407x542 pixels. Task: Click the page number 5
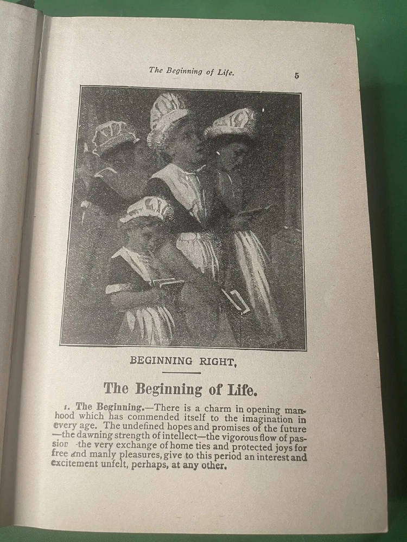pyautogui.click(x=297, y=76)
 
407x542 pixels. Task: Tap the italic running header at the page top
pyautogui.click(x=192, y=71)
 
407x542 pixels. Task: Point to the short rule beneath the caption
pyautogui.click(x=181, y=373)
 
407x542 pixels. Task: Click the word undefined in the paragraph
pyautogui.click(x=137, y=428)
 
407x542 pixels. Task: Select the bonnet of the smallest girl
pyautogui.click(x=145, y=209)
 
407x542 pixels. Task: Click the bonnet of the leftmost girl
pyautogui.click(x=113, y=137)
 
